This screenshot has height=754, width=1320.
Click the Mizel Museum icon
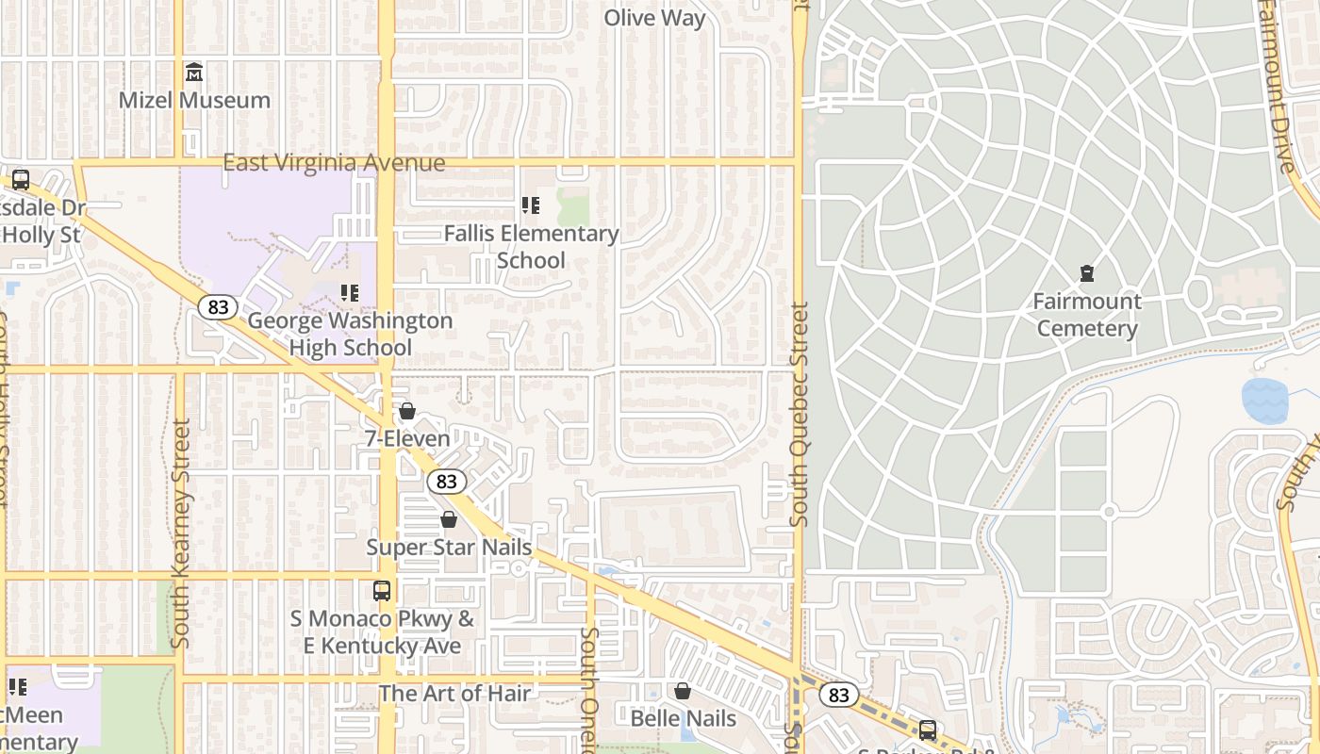tap(194, 72)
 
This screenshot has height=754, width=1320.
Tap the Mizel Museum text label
tap(194, 100)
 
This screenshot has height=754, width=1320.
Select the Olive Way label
tap(654, 18)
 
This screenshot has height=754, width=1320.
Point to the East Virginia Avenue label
tap(334, 163)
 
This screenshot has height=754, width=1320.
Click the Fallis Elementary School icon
tap(531, 205)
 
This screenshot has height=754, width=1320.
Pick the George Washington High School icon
tap(350, 293)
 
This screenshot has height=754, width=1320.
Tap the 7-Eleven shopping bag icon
tap(407, 411)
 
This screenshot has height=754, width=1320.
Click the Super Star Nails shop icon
tap(449, 519)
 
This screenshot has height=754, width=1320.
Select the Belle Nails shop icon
tap(683, 691)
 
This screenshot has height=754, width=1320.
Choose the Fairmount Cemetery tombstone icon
tap(1087, 273)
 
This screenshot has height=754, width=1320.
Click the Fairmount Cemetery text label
tap(1087, 315)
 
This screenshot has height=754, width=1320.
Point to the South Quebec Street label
tap(800, 414)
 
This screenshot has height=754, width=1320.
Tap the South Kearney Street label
tap(181, 533)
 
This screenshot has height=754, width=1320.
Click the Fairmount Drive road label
tap(1278, 85)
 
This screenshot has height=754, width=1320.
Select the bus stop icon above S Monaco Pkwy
tap(382, 591)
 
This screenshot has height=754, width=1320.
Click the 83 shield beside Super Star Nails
tap(447, 482)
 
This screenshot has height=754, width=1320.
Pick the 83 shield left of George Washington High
tap(218, 307)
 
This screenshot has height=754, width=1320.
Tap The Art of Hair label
tap(454, 694)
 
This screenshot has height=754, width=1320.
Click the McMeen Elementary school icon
tap(18, 687)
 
